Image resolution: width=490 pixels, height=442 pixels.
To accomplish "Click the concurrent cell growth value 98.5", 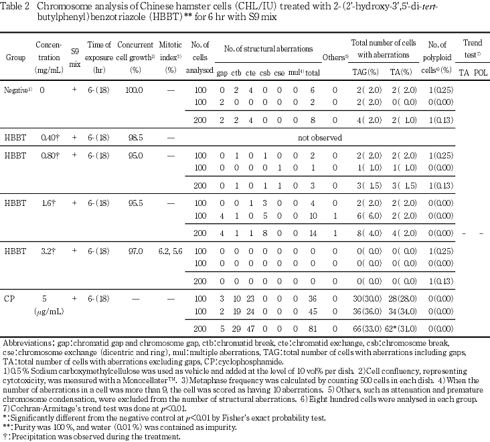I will (x=136, y=136).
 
